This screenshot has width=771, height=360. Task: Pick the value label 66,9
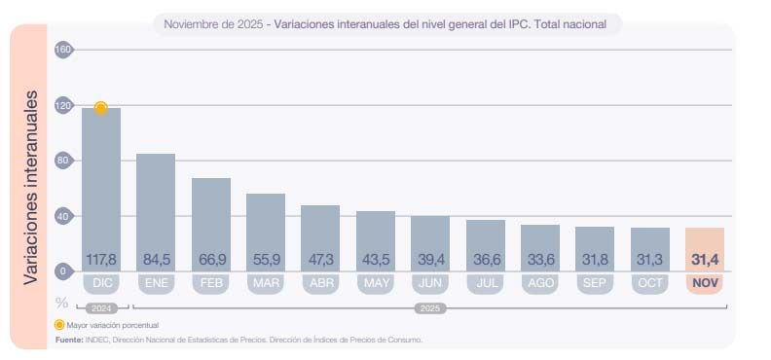pos(211,260)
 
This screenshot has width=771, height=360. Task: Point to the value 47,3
pos(320,260)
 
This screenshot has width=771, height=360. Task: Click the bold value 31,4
pos(705,260)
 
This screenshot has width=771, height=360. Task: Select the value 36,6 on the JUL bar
pos(485,260)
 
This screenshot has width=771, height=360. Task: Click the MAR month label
pos(266,284)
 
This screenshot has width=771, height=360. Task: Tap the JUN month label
pos(430,284)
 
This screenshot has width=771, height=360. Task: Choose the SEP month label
pos(595,284)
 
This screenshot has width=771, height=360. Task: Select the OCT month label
pos(649,284)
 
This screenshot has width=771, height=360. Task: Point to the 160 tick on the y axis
pos(64,50)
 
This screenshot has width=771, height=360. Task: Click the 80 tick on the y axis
pos(64,161)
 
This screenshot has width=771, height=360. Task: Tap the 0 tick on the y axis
pos(64,271)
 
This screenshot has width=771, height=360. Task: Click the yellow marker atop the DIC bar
pos(100,108)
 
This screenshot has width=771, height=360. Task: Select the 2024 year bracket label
pos(102,307)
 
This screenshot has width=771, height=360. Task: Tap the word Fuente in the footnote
pos(68,340)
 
